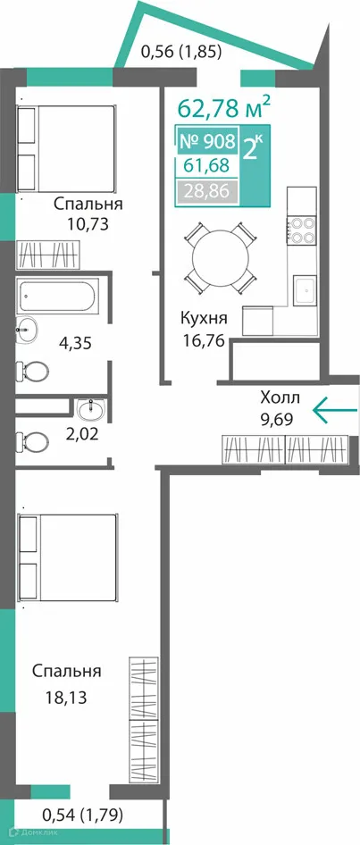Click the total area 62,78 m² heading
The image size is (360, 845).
click(x=224, y=108)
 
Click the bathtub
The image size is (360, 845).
click(x=58, y=297)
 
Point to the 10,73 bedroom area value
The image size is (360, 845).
click(x=88, y=224)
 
